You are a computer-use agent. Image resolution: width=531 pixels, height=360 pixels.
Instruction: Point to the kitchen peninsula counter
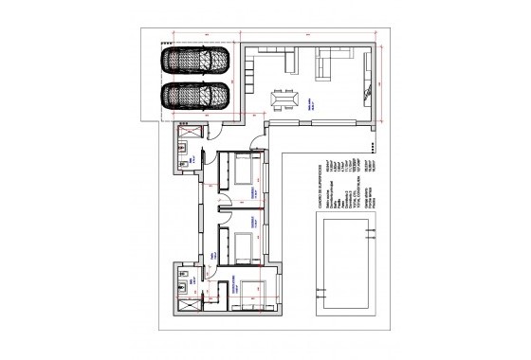click(x=290, y=64)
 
